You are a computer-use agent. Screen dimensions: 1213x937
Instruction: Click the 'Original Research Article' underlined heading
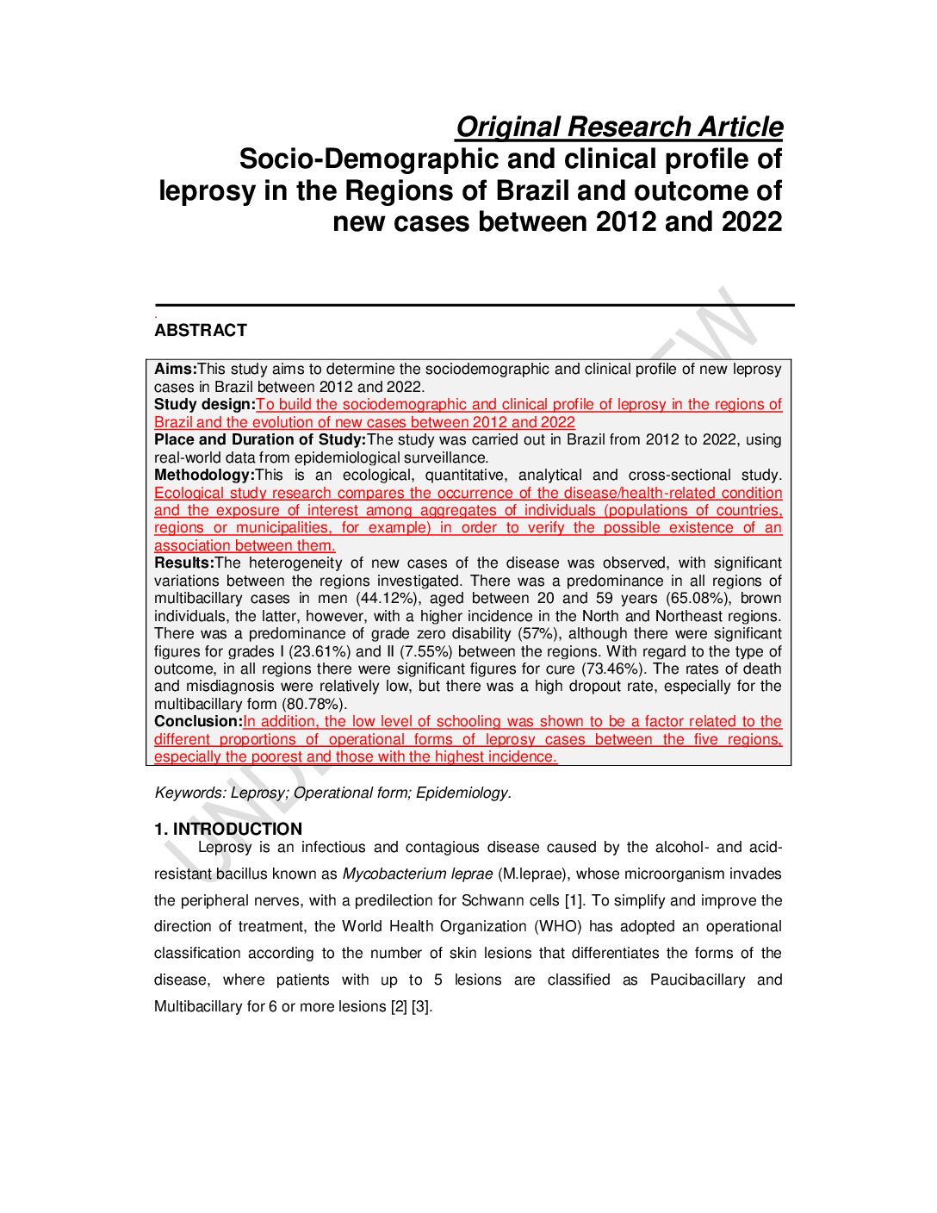point(618,128)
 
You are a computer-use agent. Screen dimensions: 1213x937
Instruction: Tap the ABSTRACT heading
point(200,331)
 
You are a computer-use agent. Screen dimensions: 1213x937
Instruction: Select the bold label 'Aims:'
point(175,370)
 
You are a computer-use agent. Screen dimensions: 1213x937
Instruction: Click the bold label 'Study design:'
point(204,405)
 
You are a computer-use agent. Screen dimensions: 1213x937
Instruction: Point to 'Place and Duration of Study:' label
point(260,440)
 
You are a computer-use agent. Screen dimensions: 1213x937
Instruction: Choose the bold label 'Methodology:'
point(204,476)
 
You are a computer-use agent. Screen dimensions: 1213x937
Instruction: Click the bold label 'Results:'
point(183,563)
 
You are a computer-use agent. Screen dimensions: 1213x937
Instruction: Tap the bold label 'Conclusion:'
point(198,722)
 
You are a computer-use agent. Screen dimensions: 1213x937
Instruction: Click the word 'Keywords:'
point(190,793)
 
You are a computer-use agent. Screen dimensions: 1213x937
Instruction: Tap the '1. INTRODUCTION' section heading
point(228,830)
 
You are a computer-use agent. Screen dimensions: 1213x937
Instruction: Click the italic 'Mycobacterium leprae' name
point(418,874)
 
